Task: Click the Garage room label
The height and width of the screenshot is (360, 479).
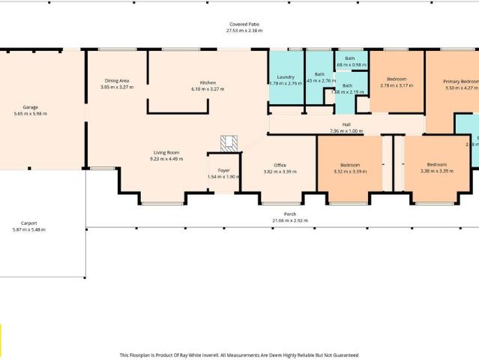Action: point(30,107)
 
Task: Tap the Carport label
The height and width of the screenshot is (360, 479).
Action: point(29,223)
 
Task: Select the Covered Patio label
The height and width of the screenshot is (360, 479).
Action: point(244,24)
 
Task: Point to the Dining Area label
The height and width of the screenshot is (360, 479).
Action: point(117,81)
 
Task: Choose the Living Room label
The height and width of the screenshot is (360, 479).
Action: point(166,152)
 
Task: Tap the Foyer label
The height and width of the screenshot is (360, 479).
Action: point(223,170)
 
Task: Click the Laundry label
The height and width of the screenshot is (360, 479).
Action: point(285,76)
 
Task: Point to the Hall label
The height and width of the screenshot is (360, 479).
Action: point(346,124)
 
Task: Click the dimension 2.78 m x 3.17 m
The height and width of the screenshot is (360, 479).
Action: point(397,85)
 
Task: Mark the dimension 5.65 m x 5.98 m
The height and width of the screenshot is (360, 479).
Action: point(30,114)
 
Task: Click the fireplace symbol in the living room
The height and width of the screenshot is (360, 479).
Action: point(229,142)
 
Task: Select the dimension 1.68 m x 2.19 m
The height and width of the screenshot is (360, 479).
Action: point(348,92)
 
